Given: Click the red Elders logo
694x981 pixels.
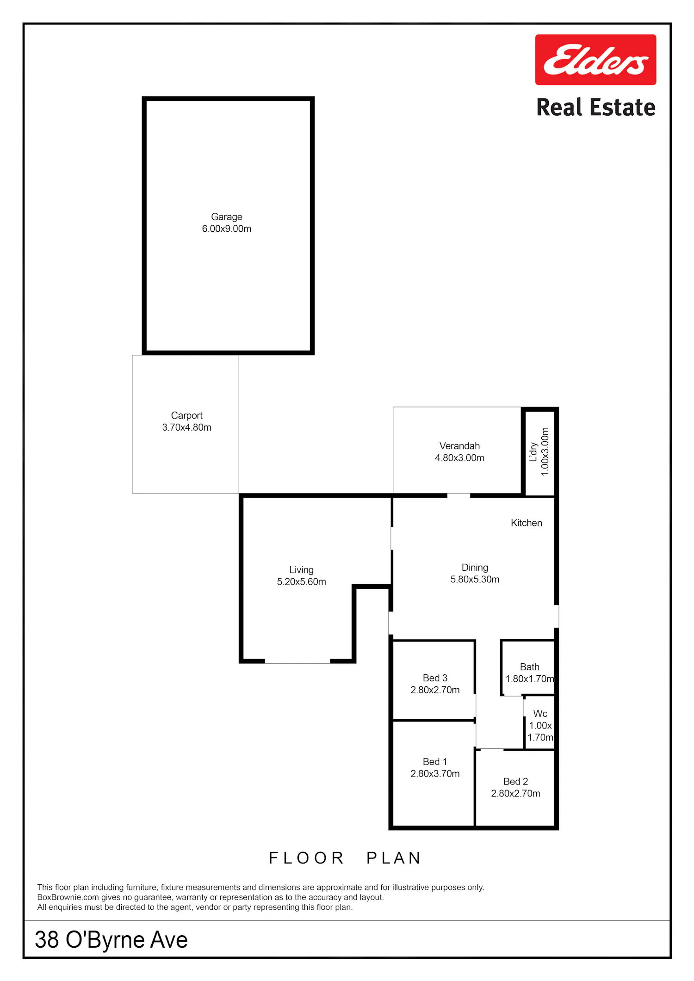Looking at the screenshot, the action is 595,60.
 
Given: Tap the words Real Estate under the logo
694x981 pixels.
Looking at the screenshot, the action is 596,107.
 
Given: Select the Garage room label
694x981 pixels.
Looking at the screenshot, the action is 227,217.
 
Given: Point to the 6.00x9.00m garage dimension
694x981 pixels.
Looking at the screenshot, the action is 227,228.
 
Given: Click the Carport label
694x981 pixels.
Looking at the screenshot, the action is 187,415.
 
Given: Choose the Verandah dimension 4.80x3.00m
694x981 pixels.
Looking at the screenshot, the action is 459,458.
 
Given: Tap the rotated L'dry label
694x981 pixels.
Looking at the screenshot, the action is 533,452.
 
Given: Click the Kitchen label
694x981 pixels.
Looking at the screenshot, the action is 527,523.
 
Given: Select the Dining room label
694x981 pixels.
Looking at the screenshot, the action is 475,568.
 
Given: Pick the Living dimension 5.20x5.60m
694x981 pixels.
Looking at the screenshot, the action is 302,582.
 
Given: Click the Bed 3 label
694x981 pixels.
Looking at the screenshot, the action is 435,678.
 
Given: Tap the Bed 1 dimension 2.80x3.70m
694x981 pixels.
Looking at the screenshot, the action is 435,773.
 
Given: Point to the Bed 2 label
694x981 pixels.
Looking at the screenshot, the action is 515,781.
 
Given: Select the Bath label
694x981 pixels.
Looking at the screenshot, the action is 530,667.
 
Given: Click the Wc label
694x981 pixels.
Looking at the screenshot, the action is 540,714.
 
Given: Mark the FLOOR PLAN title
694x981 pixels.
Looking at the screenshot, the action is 345,858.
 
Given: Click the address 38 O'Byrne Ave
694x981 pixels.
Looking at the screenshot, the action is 112,939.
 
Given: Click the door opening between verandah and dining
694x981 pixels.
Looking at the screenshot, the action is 459,495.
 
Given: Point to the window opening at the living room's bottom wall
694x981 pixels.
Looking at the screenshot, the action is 297,661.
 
